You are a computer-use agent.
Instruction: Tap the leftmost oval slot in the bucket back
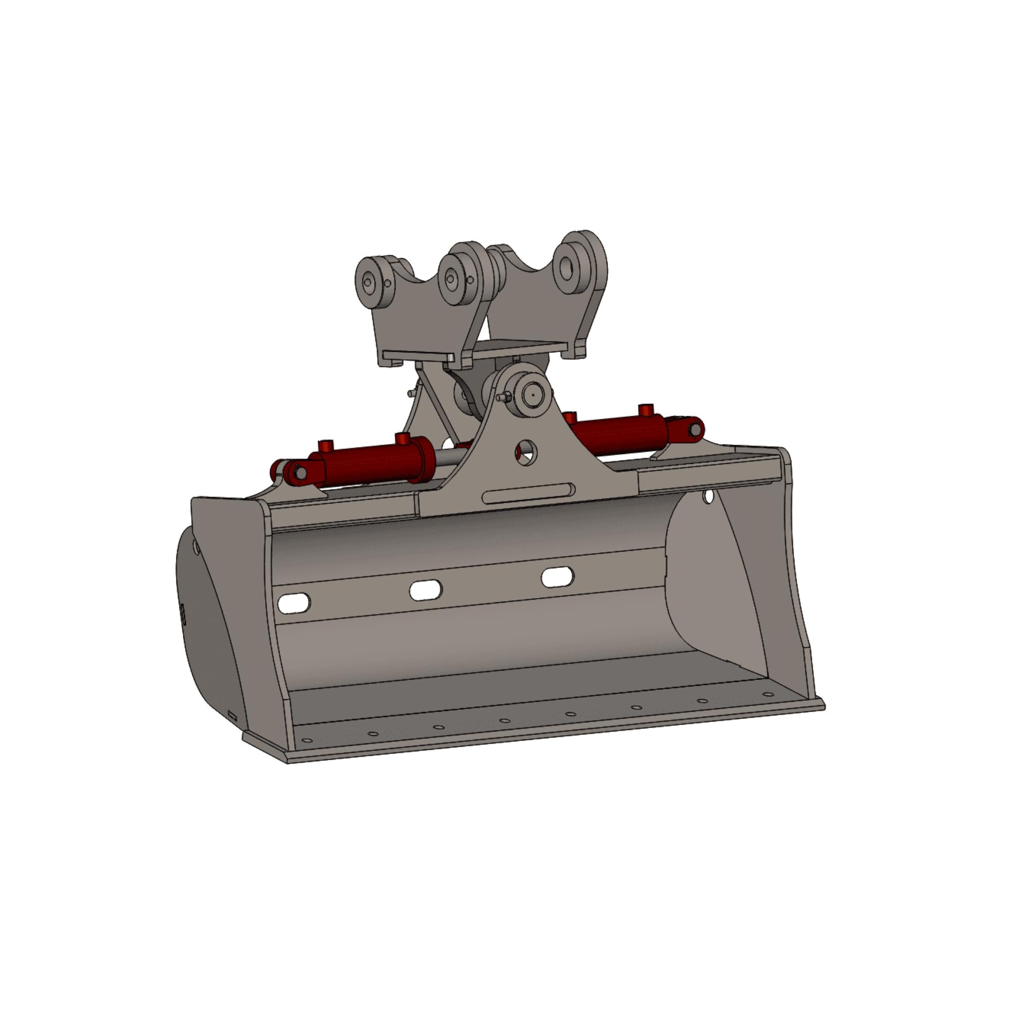point(294,603)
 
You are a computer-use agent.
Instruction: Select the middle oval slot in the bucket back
point(426,590)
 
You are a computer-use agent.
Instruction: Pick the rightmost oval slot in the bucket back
point(558,577)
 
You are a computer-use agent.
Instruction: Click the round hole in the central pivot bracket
point(526,452)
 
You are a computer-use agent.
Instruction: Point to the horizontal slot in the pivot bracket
point(528,493)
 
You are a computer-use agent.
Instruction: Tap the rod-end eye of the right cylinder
point(695,429)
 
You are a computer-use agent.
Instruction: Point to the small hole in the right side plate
point(709,496)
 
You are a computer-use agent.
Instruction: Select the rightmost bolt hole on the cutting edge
point(768,694)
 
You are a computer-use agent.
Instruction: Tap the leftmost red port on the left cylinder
point(326,447)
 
